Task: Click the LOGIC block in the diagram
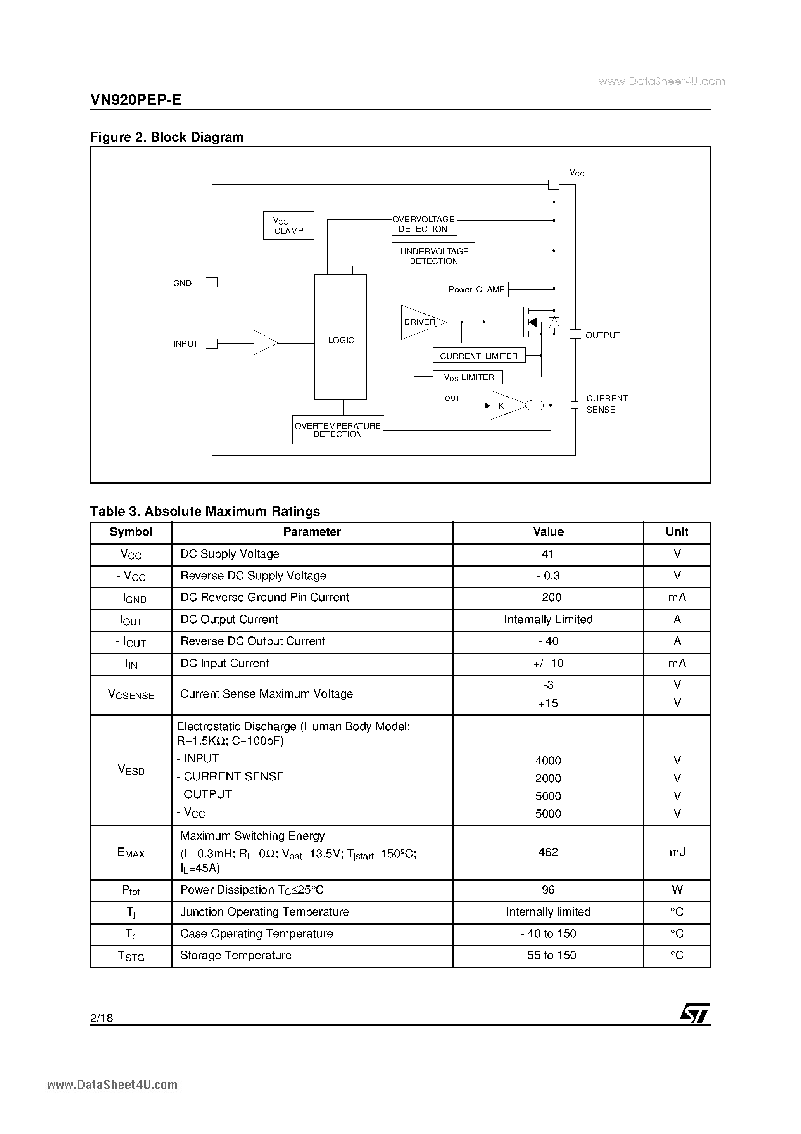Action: (341, 337)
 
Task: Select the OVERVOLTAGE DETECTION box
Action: (424, 224)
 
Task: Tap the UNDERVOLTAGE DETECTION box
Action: (433, 256)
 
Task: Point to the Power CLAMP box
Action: (476, 289)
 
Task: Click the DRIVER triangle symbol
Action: (421, 322)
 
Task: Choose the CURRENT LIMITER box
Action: (478, 356)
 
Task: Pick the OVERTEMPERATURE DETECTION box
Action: (338, 430)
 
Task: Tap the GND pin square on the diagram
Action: (211, 282)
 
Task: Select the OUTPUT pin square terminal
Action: (575, 334)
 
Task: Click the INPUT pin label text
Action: (186, 344)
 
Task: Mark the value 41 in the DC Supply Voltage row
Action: (548, 554)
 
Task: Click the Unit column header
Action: (677, 532)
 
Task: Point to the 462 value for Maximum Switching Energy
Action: (548, 852)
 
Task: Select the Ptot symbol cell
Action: (131, 890)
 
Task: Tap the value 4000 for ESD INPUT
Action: (548, 761)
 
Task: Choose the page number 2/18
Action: (102, 1017)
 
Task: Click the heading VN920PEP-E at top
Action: (136, 100)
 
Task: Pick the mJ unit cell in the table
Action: (677, 852)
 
